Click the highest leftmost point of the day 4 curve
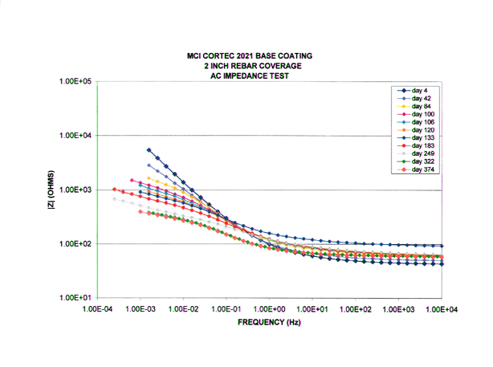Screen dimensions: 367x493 pos(149,150)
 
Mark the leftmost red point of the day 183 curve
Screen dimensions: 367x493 pos(115,190)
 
